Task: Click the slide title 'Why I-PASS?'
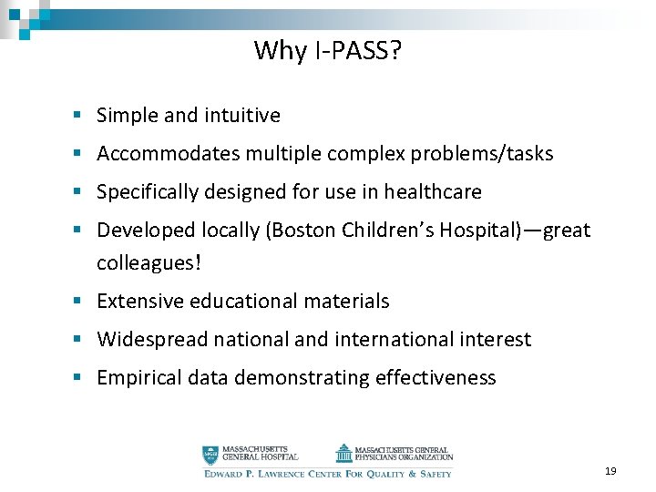pyautogui.click(x=327, y=50)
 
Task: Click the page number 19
pyautogui.click(x=610, y=471)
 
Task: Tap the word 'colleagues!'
pyautogui.click(x=149, y=263)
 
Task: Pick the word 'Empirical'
pyautogui.click(x=138, y=378)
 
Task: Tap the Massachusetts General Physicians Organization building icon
pyautogui.click(x=343, y=453)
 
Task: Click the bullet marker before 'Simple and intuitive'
pyautogui.click(x=80, y=116)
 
